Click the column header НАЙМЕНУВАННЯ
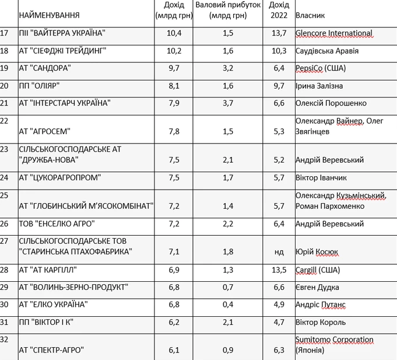[x=50, y=15]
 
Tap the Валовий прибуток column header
[x=227, y=10]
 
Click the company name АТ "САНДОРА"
[x=45, y=68]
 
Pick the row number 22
[x=5, y=121]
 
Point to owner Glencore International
[x=333, y=33]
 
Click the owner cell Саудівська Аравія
[x=326, y=51]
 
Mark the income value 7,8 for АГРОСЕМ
[x=174, y=131]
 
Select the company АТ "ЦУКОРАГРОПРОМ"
[x=60, y=177]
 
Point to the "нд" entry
[x=279, y=252]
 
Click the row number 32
[x=5, y=340]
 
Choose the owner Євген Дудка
[x=317, y=287]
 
